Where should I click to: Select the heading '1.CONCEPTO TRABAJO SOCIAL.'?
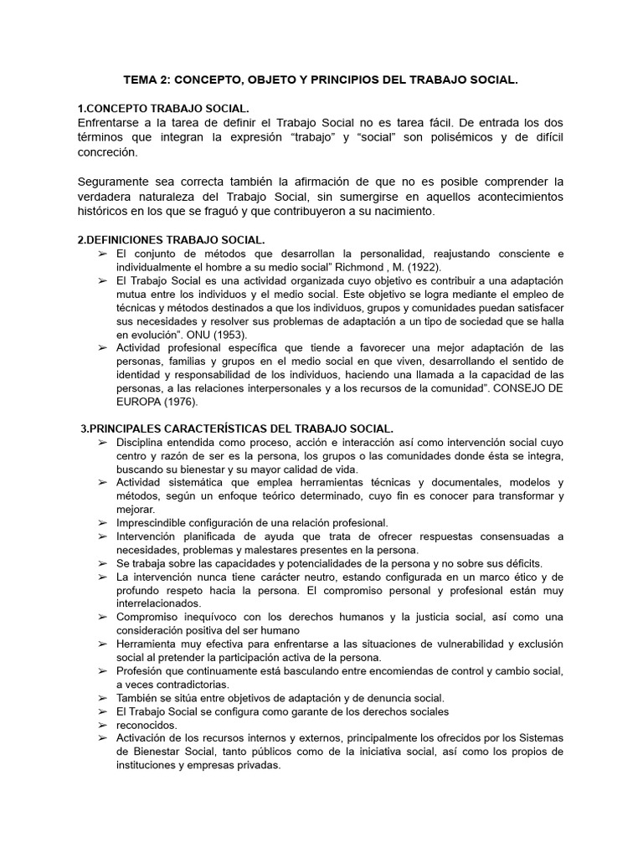[162, 110]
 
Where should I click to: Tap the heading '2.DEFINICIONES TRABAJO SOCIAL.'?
[171, 239]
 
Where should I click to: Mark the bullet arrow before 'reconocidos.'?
[102, 725]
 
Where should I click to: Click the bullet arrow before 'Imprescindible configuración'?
[102, 523]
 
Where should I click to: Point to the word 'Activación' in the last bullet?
[145, 738]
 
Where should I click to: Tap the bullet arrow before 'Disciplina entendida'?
[102, 442]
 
